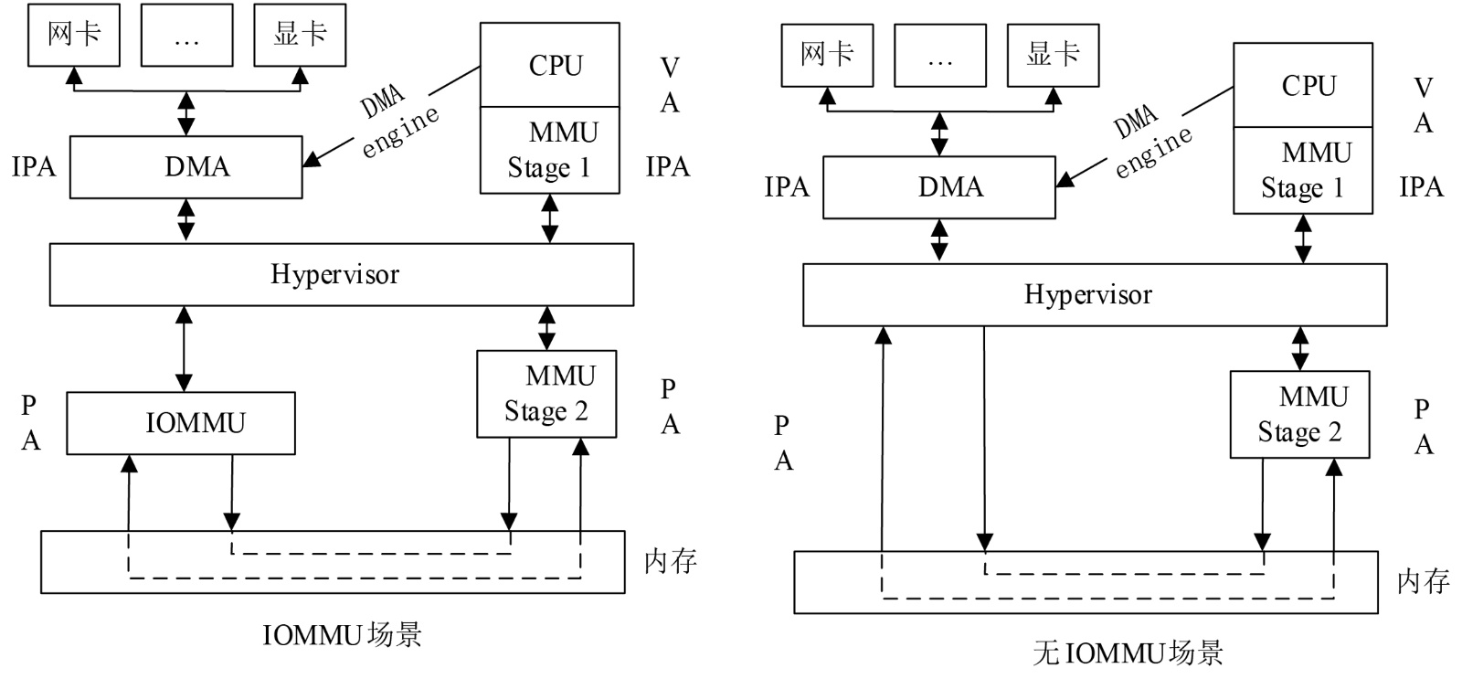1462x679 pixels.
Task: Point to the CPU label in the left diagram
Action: [555, 66]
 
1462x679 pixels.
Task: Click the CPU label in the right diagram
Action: [1308, 86]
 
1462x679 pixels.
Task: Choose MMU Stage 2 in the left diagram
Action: [546, 394]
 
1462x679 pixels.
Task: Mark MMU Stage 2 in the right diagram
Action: [1299, 414]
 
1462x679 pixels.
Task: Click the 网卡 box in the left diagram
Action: [74, 35]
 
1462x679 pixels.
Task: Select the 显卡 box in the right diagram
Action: [1053, 55]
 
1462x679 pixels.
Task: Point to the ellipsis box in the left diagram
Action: [186, 35]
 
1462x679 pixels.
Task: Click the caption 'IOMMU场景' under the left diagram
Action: [342, 634]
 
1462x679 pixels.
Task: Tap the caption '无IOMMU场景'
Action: [1128, 652]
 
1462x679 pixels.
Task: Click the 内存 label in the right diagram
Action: [1423, 581]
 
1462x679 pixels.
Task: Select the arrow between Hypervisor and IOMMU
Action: [185, 349]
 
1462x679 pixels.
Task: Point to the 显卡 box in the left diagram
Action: [300, 35]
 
